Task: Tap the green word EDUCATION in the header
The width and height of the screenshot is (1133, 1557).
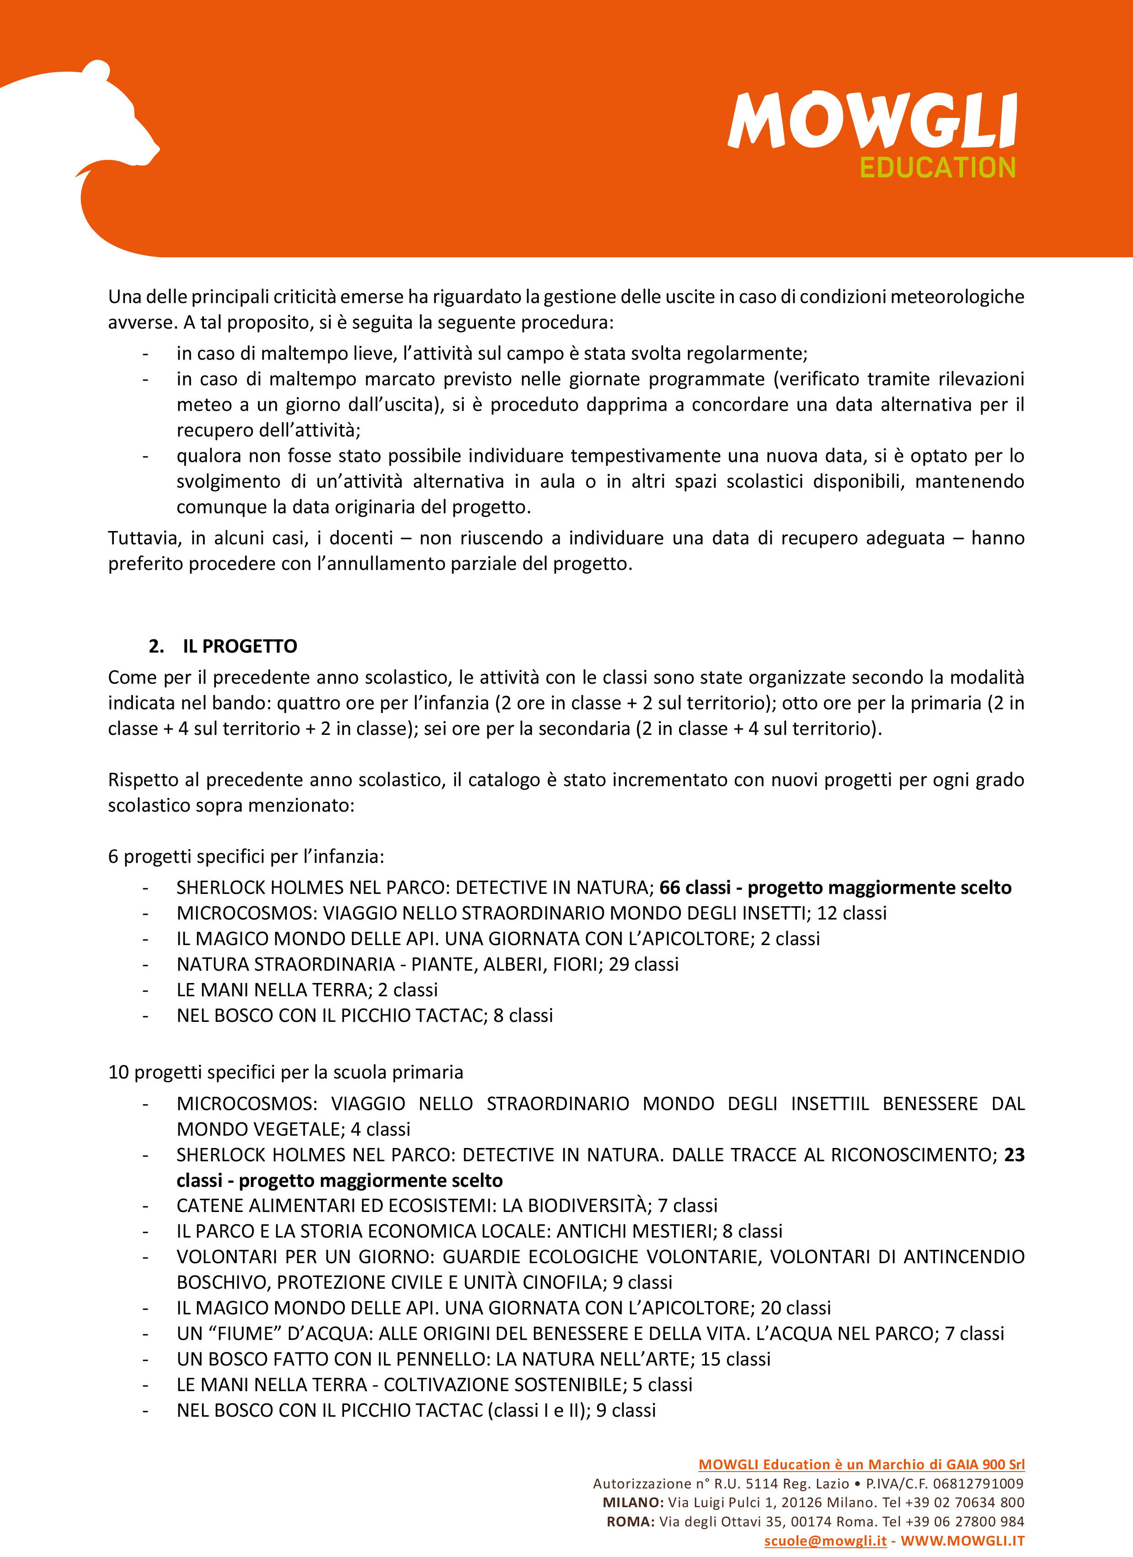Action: (x=937, y=168)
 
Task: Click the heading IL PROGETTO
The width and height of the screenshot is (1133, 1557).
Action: (x=240, y=646)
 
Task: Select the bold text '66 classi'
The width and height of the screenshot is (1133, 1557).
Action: (x=694, y=887)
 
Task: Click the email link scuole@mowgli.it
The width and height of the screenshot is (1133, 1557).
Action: (x=825, y=1541)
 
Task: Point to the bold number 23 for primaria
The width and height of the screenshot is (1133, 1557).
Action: (x=1014, y=1155)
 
